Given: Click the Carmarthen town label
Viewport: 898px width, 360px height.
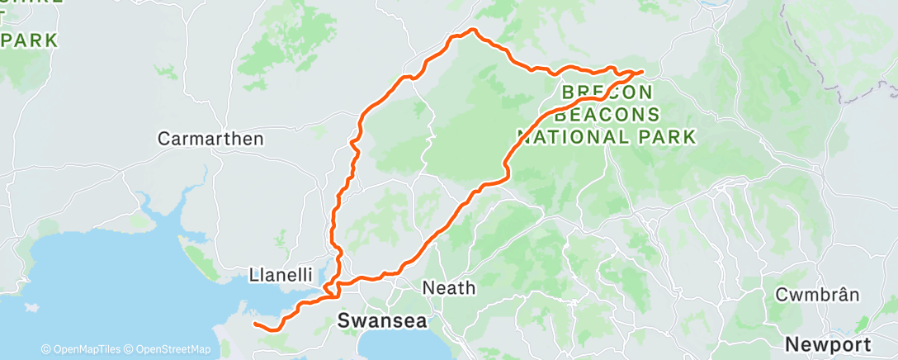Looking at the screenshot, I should (210, 139).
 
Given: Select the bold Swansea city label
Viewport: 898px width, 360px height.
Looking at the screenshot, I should (382, 321).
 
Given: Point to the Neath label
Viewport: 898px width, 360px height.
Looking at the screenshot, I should (448, 288).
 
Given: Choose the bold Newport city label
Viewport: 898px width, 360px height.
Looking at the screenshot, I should (827, 343).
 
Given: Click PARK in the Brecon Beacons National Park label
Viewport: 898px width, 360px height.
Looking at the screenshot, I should (665, 135).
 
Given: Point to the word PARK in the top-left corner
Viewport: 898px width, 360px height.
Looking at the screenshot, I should (29, 40).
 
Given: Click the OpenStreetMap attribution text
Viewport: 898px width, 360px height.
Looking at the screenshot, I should (170, 349).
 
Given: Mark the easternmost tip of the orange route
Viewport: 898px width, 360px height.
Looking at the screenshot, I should (642, 72).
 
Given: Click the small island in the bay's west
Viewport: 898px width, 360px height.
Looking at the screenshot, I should (31, 307).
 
